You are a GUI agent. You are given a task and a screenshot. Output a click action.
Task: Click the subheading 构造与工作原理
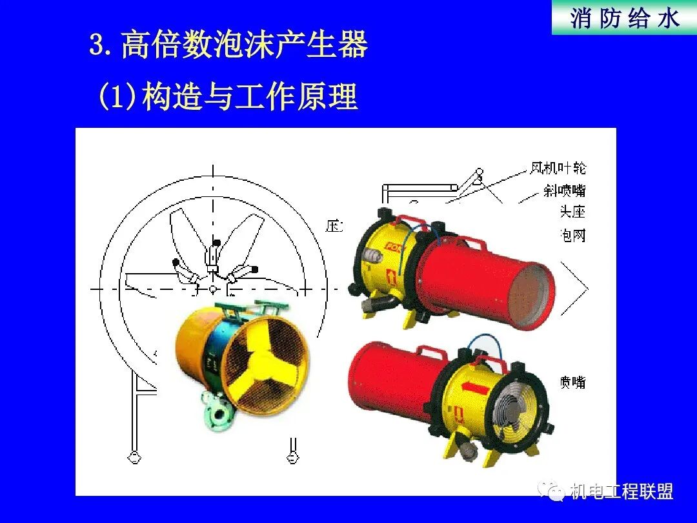249,97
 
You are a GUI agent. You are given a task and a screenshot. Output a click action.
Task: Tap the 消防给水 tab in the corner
624,18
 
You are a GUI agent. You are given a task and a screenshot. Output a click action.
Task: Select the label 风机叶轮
558,169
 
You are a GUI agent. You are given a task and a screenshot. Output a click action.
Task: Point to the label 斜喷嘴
565,190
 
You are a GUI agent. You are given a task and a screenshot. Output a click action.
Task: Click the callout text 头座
572,212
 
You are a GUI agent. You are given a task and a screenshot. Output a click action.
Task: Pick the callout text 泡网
572,235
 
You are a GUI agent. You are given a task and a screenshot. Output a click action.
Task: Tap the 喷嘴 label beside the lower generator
572,382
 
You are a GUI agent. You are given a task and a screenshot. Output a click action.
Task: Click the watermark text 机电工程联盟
621,491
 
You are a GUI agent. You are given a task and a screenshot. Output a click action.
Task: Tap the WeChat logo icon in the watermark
553,491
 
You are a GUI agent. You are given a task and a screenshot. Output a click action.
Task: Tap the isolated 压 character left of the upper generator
334,226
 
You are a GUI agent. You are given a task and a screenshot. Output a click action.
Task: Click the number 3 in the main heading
97,46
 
